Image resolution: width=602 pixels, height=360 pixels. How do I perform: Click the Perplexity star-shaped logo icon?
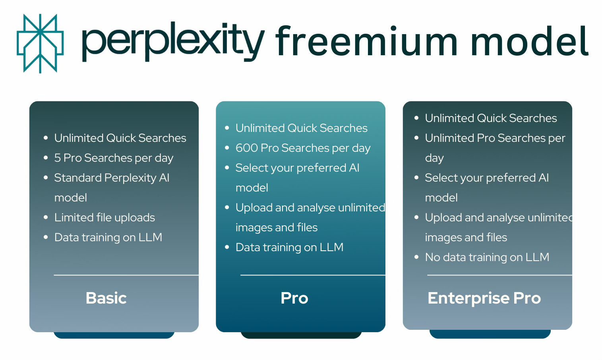pyautogui.click(x=40, y=44)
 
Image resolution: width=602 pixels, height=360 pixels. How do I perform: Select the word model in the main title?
pyautogui.click(x=529, y=42)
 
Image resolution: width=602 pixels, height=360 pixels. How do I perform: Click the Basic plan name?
pyautogui.click(x=106, y=298)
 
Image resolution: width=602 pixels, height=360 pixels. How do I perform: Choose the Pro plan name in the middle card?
pyautogui.click(x=294, y=298)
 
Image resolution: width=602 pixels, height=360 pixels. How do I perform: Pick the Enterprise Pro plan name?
pyautogui.click(x=484, y=298)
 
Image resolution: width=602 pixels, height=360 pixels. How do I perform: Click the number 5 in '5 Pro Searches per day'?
pyautogui.click(x=58, y=158)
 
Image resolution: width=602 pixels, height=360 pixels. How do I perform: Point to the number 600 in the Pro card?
pyautogui.click(x=247, y=148)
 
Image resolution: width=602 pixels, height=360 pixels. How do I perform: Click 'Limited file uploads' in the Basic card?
pyautogui.click(x=105, y=218)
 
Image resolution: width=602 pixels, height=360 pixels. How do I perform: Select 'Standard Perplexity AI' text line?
pyautogui.click(x=112, y=178)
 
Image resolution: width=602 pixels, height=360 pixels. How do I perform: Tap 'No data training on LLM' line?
pyautogui.click(x=487, y=257)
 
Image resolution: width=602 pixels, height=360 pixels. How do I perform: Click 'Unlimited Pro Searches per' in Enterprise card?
pyautogui.click(x=495, y=138)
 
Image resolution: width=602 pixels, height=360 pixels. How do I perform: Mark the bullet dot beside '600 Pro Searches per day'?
pyautogui.click(x=227, y=148)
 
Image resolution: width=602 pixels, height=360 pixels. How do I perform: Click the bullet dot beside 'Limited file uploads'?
pyautogui.click(x=46, y=217)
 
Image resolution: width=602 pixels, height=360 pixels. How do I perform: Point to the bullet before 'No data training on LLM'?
pyautogui.click(x=416, y=257)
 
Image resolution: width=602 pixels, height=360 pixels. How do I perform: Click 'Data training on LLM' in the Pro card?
pyautogui.click(x=289, y=248)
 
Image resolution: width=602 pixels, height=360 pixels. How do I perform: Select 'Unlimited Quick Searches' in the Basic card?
pyautogui.click(x=120, y=138)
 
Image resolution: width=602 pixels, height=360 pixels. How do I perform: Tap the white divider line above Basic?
pyautogui.click(x=126, y=275)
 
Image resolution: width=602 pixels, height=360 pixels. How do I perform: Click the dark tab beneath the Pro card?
pyautogui.click(x=301, y=335)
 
